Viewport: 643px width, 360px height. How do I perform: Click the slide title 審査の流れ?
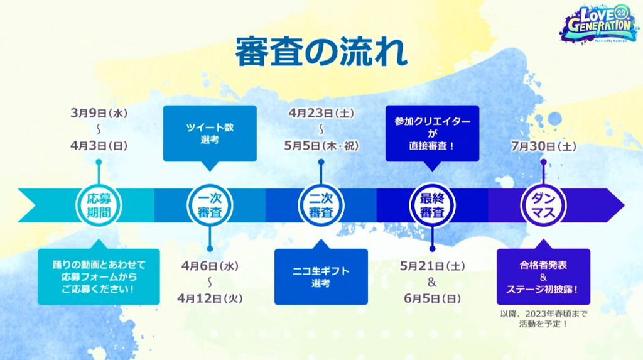(321, 52)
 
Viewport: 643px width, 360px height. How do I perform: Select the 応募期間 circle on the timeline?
(99, 205)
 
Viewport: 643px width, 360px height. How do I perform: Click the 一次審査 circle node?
(210, 205)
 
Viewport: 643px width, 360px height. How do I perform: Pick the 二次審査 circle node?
(321, 205)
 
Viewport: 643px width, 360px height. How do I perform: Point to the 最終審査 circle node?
(432, 205)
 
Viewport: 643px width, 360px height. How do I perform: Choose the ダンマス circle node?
(543, 205)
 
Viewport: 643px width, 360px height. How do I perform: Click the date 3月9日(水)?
(99, 113)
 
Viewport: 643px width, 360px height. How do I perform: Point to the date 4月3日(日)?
(99, 146)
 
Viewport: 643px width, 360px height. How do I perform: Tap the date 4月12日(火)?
(210, 298)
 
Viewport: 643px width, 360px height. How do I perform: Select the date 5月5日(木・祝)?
(321, 146)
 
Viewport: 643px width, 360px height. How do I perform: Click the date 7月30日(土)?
(543, 146)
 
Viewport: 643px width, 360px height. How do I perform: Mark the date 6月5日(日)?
(432, 298)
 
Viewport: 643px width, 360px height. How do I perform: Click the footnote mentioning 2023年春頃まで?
(543, 319)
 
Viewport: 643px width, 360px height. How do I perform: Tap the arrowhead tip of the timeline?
(624, 205)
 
